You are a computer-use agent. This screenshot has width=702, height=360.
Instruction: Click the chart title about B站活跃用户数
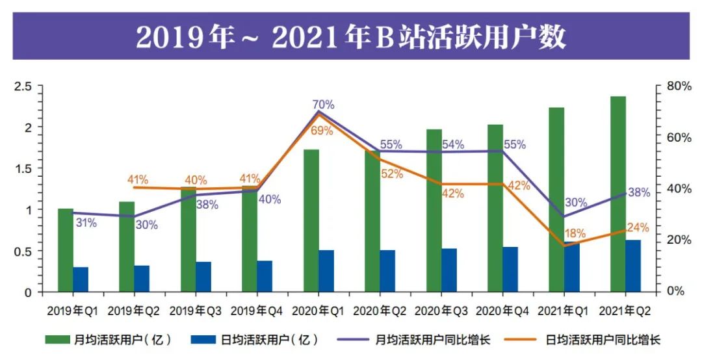(350, 37)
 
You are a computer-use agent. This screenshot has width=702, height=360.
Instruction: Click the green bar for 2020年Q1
(311, 221)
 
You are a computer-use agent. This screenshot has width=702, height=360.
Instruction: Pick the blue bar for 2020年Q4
(510, 269)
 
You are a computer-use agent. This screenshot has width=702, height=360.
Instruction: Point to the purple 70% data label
(322, 105)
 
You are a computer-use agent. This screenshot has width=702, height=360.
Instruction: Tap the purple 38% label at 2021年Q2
(639, 192)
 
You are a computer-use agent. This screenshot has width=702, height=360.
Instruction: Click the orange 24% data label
(638, 227)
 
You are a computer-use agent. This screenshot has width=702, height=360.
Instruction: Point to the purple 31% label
(86, 223)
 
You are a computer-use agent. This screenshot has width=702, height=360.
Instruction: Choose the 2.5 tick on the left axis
(23, 86)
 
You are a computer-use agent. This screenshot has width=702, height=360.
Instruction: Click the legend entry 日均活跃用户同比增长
(595, 339)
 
